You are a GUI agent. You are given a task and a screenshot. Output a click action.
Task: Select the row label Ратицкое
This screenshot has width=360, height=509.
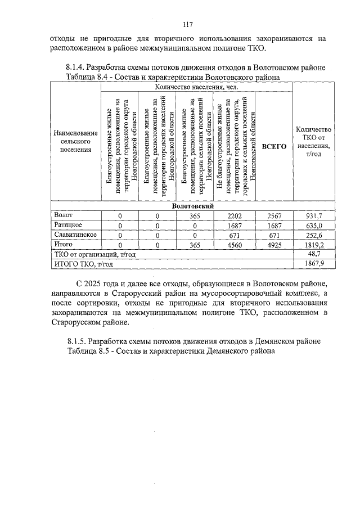click(x=67, y=225)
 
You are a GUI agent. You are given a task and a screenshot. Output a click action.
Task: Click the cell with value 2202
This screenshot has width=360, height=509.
click(x=235, y=215)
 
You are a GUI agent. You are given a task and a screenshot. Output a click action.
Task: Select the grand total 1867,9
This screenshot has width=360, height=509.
click(x=313, y=264)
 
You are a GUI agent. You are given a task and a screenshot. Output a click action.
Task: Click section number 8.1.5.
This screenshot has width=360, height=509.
click(x=77, y=341)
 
